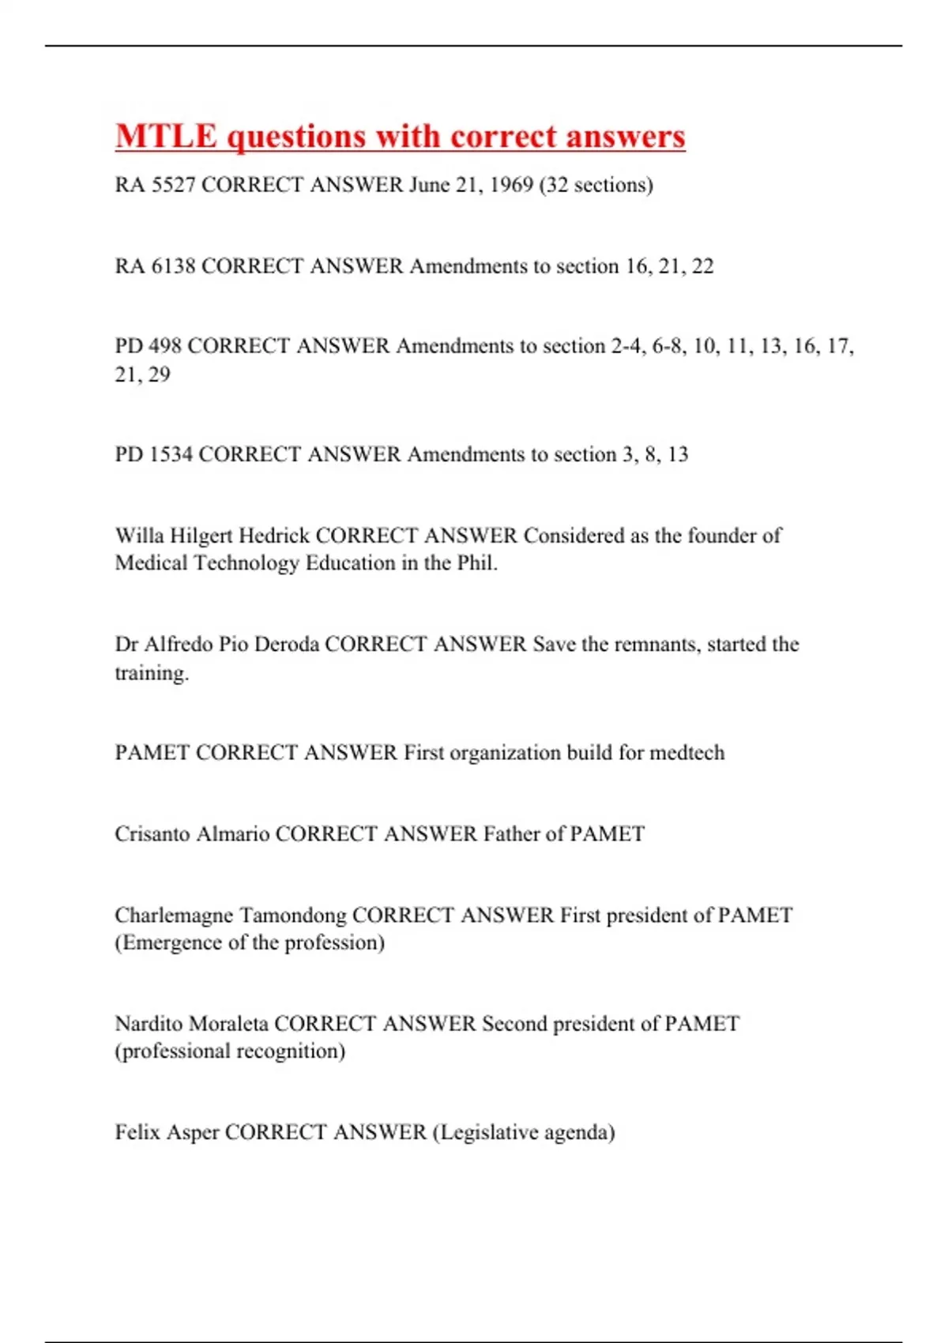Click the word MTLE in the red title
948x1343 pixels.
166,136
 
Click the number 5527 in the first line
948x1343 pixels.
173,185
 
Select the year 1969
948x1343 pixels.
511,185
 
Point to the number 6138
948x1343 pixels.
173,266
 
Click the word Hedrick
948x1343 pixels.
274,536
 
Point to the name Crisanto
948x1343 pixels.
152,834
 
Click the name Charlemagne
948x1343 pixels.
174,916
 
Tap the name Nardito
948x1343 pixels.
152,1024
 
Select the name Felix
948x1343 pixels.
137,1133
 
